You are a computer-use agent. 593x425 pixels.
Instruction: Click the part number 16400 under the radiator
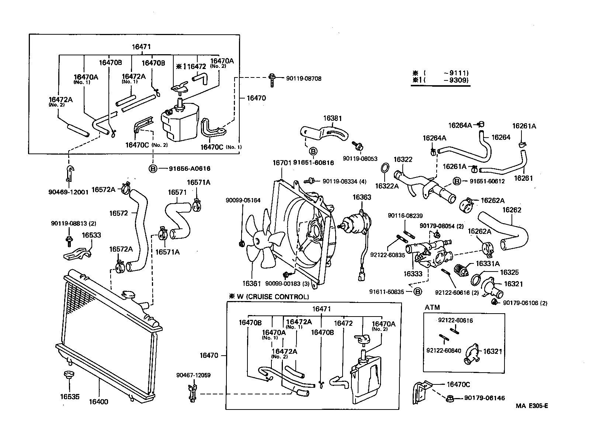click(99, 401)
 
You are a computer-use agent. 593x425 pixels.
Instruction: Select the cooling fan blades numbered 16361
click(263, 240)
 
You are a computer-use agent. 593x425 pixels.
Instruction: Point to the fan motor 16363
click(354, 223)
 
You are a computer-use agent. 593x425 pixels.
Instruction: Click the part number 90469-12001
click(68, 192)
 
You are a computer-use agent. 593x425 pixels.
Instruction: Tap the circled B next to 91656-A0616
click(152, 169)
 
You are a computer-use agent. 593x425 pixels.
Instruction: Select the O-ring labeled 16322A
click(384, 168)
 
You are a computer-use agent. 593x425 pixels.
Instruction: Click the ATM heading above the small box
click(432, 307)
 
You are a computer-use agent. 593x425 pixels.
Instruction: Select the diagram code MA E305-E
click(531, 406)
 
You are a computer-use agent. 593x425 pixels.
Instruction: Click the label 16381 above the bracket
click(333, 118)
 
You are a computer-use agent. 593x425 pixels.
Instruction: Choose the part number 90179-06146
click(484, 398)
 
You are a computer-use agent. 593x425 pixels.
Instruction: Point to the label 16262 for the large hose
click(512, 210)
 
